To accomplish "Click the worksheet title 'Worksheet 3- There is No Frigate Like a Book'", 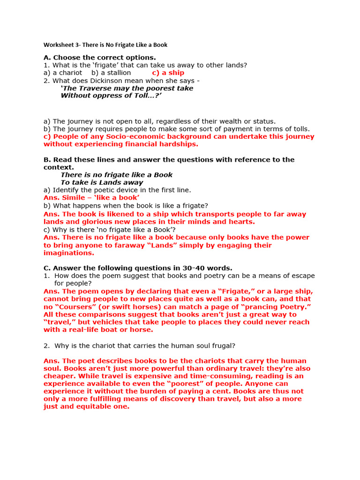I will pos(105,45).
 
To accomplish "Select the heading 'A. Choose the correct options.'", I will pos(99,58).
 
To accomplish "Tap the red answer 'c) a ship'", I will pos(168,73).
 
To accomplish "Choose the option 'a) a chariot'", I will pos(63,73).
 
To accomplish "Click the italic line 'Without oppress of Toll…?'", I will pos(111,96).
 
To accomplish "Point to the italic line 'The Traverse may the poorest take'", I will pos(127,88).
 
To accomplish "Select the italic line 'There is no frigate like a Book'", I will pos(117,175).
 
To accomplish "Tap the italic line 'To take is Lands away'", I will pos(102,182).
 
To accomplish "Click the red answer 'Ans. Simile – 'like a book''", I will pos(91,198).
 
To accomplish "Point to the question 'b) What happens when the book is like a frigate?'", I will pos(126,205).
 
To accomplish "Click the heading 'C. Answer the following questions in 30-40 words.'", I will pos(138,268).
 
